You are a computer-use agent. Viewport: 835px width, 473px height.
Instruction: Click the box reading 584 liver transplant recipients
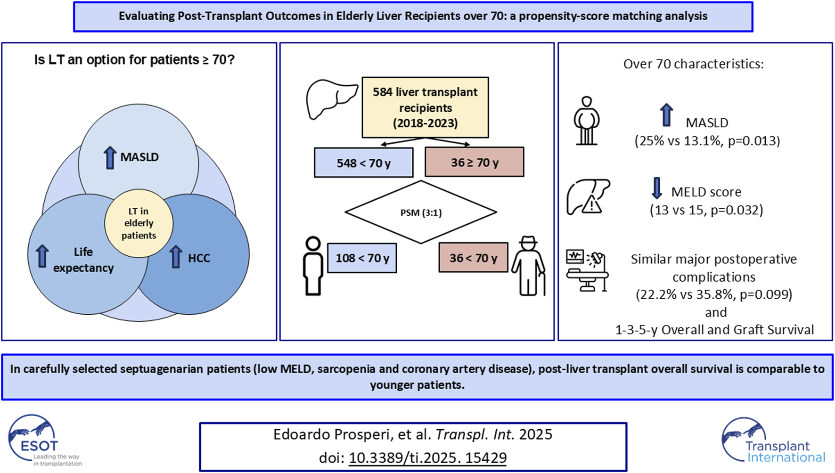tap(425, 107)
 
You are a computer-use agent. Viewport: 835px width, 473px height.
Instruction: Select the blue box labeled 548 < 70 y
tap(363, 163)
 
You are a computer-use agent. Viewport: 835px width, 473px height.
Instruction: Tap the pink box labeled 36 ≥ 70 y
tap(474, 162)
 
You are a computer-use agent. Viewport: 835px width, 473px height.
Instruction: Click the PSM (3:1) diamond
tap(421, 212)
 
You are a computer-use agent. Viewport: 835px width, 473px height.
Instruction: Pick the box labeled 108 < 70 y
tap(362, 258)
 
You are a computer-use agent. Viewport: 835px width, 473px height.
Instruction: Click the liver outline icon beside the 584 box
tap(331, 99)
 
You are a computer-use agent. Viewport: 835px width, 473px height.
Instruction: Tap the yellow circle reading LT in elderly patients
tap(139, 223)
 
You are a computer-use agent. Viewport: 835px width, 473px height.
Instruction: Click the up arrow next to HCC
tap(176, 257)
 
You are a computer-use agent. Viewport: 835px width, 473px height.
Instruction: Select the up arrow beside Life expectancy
tap(42, 256)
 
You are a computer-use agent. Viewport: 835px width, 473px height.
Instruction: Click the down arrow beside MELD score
tap(656, 188)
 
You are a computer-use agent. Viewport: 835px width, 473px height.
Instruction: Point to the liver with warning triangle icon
tap(588, 197)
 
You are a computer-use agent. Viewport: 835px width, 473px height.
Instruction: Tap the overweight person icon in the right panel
tap(586, 121)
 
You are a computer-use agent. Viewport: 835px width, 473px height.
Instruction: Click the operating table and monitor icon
tap(587, 270)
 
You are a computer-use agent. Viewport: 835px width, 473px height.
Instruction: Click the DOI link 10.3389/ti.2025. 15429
tap(427, 457)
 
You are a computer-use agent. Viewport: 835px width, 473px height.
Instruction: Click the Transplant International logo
tap(773, 440)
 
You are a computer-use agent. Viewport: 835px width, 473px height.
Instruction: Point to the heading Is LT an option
tap(134, 60)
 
